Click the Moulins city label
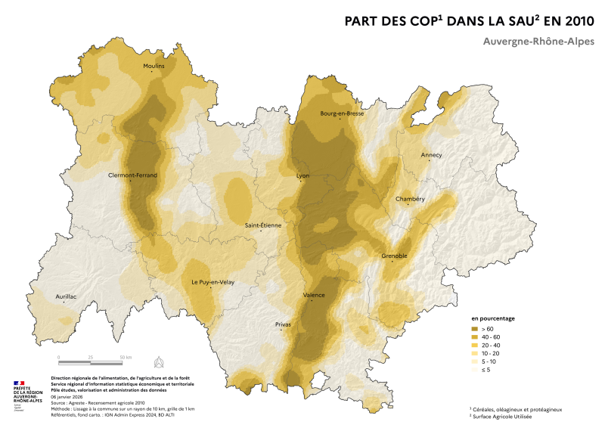click(x=154, y=66)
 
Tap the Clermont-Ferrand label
click(x=132, y=175)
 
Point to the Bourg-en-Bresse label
click(x=342, y=113)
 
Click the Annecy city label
click(x=431, y=155)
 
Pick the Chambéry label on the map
click(x=410, y=199)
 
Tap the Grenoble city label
click(x=394, y=256)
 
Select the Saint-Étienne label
click(x=262, y=225)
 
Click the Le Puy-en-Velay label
click(x=211, y=282)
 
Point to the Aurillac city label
click(x=67, y=296)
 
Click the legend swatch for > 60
click(x=476, y=330)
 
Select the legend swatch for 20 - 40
click(x=476, y=345)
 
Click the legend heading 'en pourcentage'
click(x=493, y=318)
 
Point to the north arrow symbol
click(x=158, y=361)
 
